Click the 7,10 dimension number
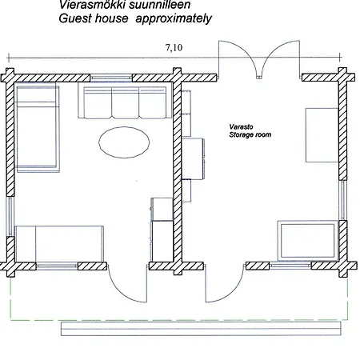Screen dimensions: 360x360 174,47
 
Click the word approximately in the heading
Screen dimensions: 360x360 174,18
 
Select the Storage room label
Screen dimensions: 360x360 250,134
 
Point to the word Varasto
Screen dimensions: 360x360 241,126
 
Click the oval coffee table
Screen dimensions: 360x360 124,142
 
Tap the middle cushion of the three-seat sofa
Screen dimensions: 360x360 126,102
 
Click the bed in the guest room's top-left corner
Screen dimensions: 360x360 38,127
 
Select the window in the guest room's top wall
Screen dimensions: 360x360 111,78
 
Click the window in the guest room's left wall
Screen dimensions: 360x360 10,216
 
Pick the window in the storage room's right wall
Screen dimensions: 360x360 343,200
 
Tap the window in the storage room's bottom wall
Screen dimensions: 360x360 290,266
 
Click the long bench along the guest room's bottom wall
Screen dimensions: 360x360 59,244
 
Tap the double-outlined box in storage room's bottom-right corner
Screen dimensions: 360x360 308,241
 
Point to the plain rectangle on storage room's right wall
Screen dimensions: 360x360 322,135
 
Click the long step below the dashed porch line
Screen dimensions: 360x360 201,329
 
